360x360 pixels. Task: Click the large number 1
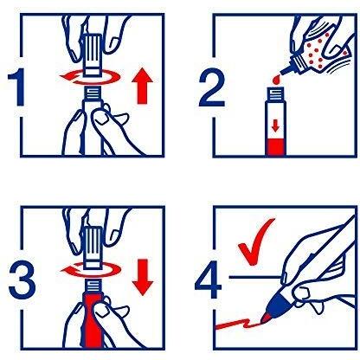[17, 87]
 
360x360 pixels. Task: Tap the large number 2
[212, 87]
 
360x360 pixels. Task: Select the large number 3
[22, 280]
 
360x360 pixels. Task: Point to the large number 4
[209, 280]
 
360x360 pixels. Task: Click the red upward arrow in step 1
[142, 86]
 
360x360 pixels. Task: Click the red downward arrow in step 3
[143, 277]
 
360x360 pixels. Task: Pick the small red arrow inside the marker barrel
[275, 126]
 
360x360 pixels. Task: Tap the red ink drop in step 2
[277, 80]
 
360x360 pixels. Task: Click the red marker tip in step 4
[266, 318]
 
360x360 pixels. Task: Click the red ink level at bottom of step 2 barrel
[276, 147]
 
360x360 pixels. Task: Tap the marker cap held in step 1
[93, 55]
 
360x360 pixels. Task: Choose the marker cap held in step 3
[93, 248]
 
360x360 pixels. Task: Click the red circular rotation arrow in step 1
[90, 77]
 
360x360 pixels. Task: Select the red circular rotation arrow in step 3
[90, 270]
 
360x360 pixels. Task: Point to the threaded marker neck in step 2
[276, 93]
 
